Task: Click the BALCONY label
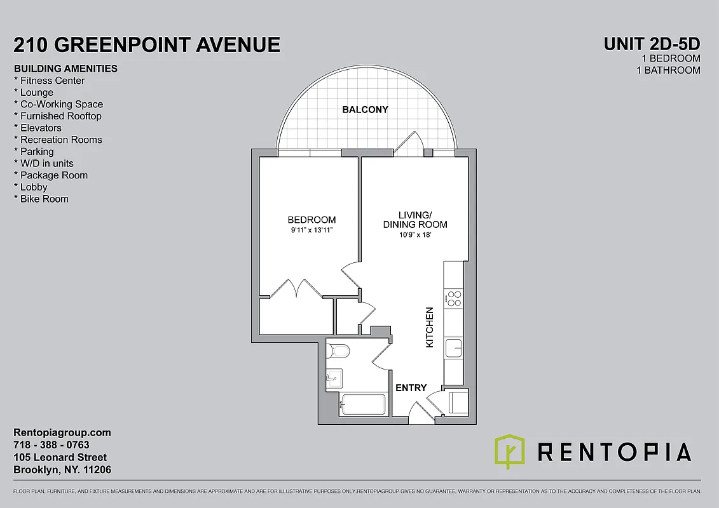[x=365, y=109]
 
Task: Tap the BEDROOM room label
[x=312, y=220]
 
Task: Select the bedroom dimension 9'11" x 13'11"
[x=312, y=230]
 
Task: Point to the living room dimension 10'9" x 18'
[x=414, y=235]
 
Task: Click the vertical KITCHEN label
[x=429, y=327]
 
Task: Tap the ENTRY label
[x=411, y=388]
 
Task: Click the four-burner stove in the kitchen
[x=454, y=298]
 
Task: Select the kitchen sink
[x=453, y=347]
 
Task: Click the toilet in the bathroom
[x=338, y=351]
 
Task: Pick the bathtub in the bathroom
[x=362, y=404]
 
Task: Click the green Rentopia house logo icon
[x=509, y=451]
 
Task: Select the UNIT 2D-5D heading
[x=652, y=44]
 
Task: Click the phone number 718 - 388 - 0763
[x=51, y=445]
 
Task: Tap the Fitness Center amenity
[x=50, y=81]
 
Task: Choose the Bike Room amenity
[x=41, y=199]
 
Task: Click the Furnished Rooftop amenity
[x=58, y=116]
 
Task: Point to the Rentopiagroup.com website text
[x=62, y=432]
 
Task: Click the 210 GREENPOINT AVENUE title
[x=147, y=44]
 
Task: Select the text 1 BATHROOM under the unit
[x=668, y=70]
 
